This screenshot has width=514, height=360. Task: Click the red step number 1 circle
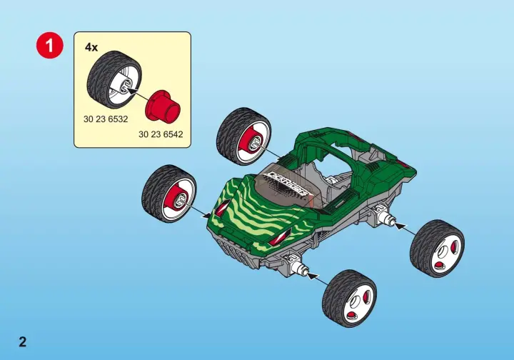[x=49, y=45]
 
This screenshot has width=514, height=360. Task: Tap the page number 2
[x=22, y=342]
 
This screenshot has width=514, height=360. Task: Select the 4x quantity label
[x=91, y=48]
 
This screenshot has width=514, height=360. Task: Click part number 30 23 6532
[x=106, y=119]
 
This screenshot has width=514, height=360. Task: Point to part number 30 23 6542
[x=161, y=134]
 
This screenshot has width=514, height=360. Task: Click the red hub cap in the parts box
[x=163, y=106]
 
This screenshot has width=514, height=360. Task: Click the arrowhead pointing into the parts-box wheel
[x=131, y=90]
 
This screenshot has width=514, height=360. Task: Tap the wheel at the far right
[x=437, y=249]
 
